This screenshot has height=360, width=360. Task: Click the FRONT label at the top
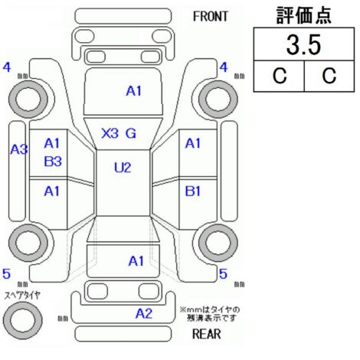[210, 17]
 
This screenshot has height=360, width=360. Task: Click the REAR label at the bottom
[207, 334]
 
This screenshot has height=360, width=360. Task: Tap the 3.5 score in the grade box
[303, 45]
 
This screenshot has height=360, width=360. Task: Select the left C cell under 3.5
[280, 76]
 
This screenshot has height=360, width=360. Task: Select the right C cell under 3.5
[329, 76]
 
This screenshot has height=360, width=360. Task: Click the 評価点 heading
[304, 15]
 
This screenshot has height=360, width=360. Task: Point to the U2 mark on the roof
[123, 168]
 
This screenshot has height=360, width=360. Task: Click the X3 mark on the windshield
[110, 133]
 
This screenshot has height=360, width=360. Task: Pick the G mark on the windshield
[131, 133]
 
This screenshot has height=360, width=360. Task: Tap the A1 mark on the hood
[134, 91]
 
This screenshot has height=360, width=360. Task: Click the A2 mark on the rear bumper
[144, 313]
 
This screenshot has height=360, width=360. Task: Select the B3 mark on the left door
[53, 162]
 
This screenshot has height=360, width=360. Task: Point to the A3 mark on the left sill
[19, 149]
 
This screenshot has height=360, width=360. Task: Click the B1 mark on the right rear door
[193, 191]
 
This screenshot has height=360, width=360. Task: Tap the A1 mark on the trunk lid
[136, 261]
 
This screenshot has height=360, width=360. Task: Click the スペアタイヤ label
[22, 296]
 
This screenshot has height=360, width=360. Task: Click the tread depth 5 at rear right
[223, 274]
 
